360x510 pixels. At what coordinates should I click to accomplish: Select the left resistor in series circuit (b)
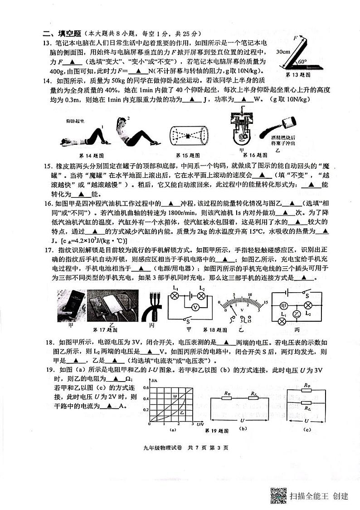coord(227,397)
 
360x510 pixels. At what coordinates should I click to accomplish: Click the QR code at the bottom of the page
coord(279,495)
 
